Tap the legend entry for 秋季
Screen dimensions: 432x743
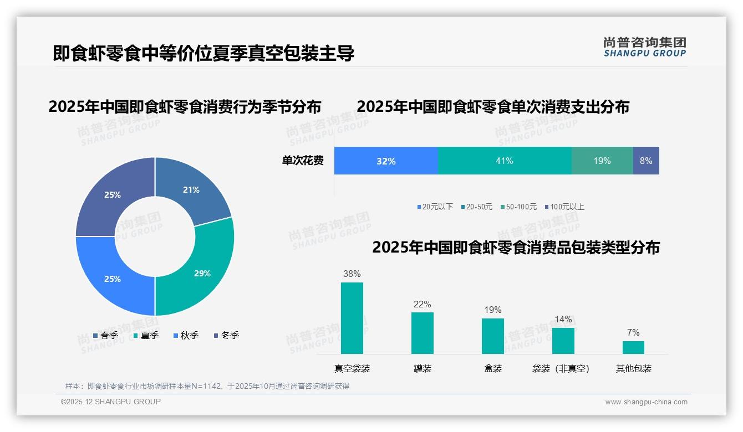(185, 335)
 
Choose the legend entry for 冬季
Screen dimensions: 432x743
(226, 335)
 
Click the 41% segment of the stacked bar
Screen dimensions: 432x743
(505, 161)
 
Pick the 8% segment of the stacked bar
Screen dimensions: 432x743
(646, 161)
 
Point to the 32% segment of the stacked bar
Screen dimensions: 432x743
(386, 161)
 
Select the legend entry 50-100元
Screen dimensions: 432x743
(518, 207)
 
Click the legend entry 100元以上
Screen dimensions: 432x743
(564, 207)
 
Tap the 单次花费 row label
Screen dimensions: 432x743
(303, 161)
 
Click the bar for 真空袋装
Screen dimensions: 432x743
(352, 318)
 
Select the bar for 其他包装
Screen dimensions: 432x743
(633, 347)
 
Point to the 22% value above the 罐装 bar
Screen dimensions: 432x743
(422, 304)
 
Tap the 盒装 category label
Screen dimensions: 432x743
(492, 368)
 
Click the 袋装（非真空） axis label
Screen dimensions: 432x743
(561, 368)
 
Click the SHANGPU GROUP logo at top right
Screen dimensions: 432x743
(644, 47)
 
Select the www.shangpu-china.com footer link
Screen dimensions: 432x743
(646, 402)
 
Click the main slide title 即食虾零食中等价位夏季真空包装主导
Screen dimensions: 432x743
(203, 53)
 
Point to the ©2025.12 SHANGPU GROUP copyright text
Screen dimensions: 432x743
(111, 402)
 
